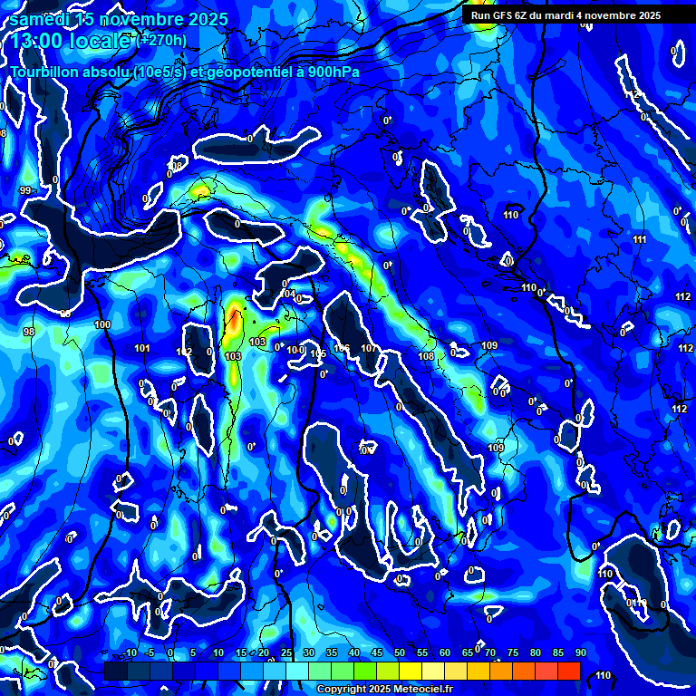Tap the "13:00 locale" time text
click(x=71, y=41)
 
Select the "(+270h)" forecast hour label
click(x=162, y=40)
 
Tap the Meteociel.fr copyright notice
click(x=374, y=690)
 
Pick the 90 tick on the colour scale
click(x=580, y=653)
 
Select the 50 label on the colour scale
click(x=400, y=653)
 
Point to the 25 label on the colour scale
click(x=286, y=653)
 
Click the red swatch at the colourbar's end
click(x=569, y=671)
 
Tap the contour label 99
click(x=25, y=190)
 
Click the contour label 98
click(x=29, y=333)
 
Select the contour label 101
click(x=142, y=348)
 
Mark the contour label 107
click(x=368, y=349)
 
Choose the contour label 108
click(x=426, y=356)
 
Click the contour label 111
click(x=640, y=239)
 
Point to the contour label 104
click(x=289, y=295)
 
